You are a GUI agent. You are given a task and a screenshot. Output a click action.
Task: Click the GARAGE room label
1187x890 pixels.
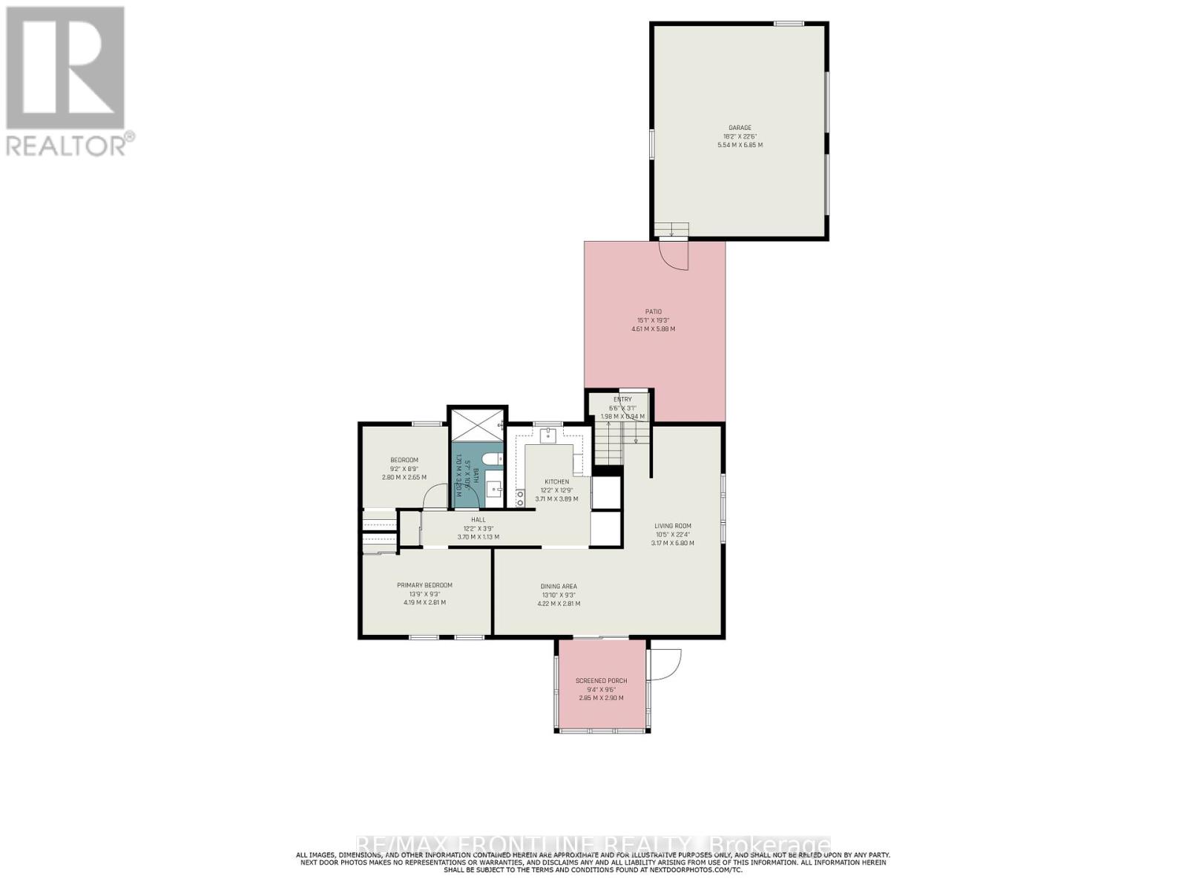[x=739, y=128]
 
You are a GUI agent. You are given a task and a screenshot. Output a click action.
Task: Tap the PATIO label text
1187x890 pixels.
[x=652, y=311]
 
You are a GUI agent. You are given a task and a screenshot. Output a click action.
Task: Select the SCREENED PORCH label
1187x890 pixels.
[x=601, y=681]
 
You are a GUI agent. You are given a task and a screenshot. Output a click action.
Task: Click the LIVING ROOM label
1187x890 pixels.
[x=673, y=526]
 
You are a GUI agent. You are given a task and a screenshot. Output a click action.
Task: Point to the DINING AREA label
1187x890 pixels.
[x=559, y=586]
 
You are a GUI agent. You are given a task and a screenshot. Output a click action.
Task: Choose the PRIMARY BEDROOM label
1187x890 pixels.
[x=424, y=585]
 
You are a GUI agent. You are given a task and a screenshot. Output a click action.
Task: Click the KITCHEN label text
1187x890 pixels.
[x=556, y=481]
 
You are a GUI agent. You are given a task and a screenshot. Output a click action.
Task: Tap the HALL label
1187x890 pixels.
[x=478, y=520]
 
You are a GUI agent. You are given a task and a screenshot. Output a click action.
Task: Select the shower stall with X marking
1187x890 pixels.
[x=478, y=426]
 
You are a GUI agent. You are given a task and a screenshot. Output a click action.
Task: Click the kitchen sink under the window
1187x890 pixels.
[x=548, y=435]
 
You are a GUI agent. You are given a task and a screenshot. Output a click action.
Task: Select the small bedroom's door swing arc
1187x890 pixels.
[x=436, y=495]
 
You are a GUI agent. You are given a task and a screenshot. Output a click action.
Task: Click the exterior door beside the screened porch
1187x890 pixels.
[x=663, y=663]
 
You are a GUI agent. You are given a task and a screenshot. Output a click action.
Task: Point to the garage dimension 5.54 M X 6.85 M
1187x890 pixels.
[x=739, y=145]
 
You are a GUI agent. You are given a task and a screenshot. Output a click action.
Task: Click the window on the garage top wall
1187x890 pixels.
[x=789, y=24]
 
